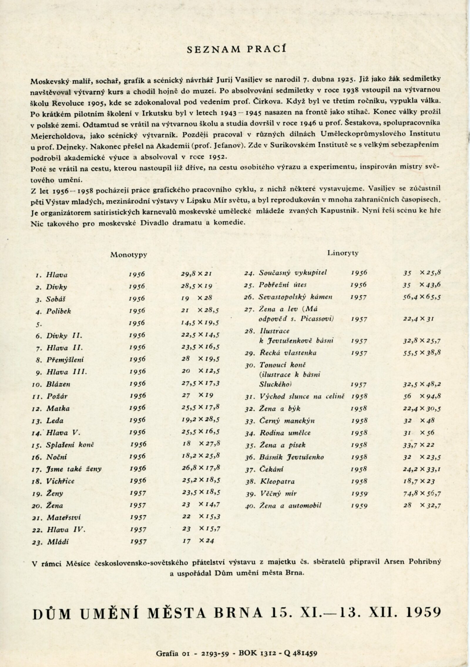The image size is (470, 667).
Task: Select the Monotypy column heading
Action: (128, 255)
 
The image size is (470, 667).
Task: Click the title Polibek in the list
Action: (58, 311)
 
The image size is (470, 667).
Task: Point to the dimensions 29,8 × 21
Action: (197, 275)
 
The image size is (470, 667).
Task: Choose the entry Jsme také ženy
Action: (74, 469)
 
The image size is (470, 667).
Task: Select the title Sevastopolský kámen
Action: (296, 297)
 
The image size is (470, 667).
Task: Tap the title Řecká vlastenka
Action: (288, 353)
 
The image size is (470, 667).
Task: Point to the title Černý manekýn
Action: (287, 421)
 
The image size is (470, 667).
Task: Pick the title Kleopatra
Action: (277, 481)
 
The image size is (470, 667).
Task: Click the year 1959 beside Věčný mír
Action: (359, 494)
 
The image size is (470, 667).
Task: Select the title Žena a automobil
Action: (290, 505)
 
